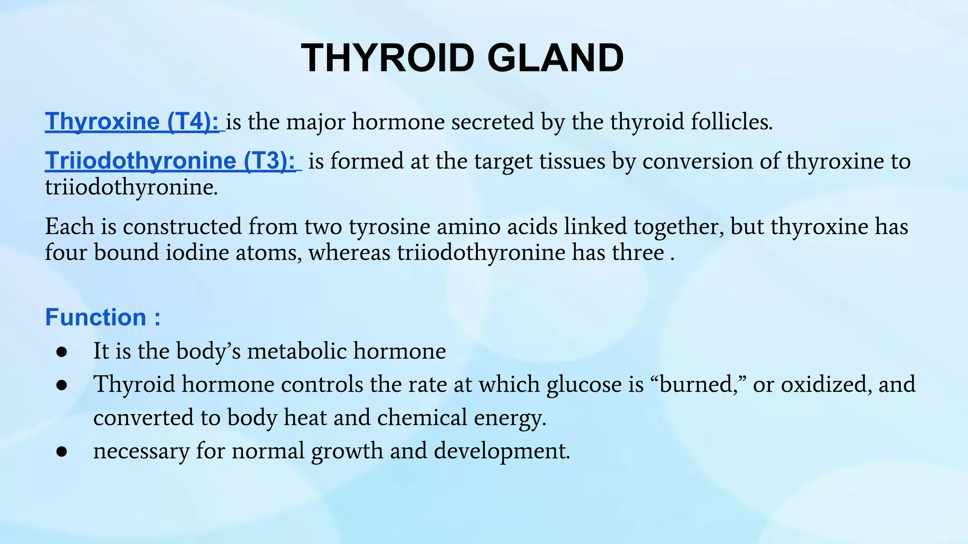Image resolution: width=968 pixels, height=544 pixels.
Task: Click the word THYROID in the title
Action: (x=388, y=58)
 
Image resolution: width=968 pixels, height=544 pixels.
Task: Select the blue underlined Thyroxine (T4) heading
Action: (x=132, y=121)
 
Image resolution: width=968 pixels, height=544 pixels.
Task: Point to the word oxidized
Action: (x=826, y=384)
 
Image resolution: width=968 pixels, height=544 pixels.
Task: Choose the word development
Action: (x=502, y=451)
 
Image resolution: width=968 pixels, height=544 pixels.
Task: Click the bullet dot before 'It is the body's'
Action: (x=61, y=352)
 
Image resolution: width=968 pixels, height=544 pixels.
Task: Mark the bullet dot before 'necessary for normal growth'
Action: (x=61, y=451)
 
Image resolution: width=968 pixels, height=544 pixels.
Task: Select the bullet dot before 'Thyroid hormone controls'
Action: (x=61, y=385)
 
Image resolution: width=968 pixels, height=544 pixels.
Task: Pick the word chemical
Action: (x=422, y=418)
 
